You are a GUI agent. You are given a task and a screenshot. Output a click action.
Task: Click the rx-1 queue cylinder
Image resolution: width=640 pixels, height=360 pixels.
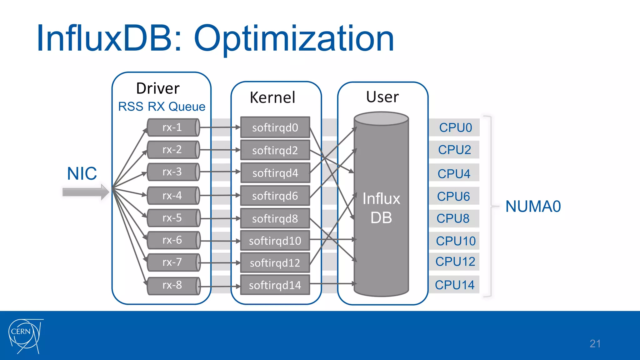point(173,127)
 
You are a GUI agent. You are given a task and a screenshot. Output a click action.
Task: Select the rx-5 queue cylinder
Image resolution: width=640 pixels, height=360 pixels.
point(173,218)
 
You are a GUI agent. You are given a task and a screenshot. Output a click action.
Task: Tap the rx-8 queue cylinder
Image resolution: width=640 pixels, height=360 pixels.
point(173,285)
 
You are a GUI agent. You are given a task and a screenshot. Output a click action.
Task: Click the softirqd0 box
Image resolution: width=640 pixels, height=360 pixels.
point(275,127)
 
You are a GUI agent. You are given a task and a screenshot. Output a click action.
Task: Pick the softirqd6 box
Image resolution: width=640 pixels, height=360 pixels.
point(275,196)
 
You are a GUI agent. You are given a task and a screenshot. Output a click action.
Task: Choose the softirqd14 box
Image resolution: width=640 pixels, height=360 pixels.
point(275,285)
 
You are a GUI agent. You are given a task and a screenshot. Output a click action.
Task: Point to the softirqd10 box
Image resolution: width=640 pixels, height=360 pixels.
point(275,241)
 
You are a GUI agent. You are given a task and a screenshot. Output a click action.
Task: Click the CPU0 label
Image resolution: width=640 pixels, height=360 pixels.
point(455,127)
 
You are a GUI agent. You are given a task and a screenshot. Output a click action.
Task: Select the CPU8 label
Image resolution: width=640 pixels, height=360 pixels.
point(453,218)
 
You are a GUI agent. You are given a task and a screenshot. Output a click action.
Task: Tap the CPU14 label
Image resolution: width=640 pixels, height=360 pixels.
point(454,285)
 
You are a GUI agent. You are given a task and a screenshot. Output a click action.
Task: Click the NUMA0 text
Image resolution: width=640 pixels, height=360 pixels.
point(533,207)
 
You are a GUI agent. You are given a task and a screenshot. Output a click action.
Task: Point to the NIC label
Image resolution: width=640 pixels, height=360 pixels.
point(82,173)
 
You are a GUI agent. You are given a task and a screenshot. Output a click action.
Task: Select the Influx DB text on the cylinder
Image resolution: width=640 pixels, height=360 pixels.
point(381,208)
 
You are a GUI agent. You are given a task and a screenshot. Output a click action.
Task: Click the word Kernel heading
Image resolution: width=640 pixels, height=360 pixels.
point(272,97)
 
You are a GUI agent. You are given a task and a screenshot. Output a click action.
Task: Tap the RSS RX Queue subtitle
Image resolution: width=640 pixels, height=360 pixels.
point(162,107)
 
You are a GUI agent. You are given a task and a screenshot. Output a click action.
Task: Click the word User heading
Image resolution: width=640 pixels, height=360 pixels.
point(382,97)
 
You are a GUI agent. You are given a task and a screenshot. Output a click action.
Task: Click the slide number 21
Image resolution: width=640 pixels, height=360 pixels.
point(595,344)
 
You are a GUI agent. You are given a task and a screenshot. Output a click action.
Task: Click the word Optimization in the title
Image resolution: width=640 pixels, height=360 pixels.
point(294,39)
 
